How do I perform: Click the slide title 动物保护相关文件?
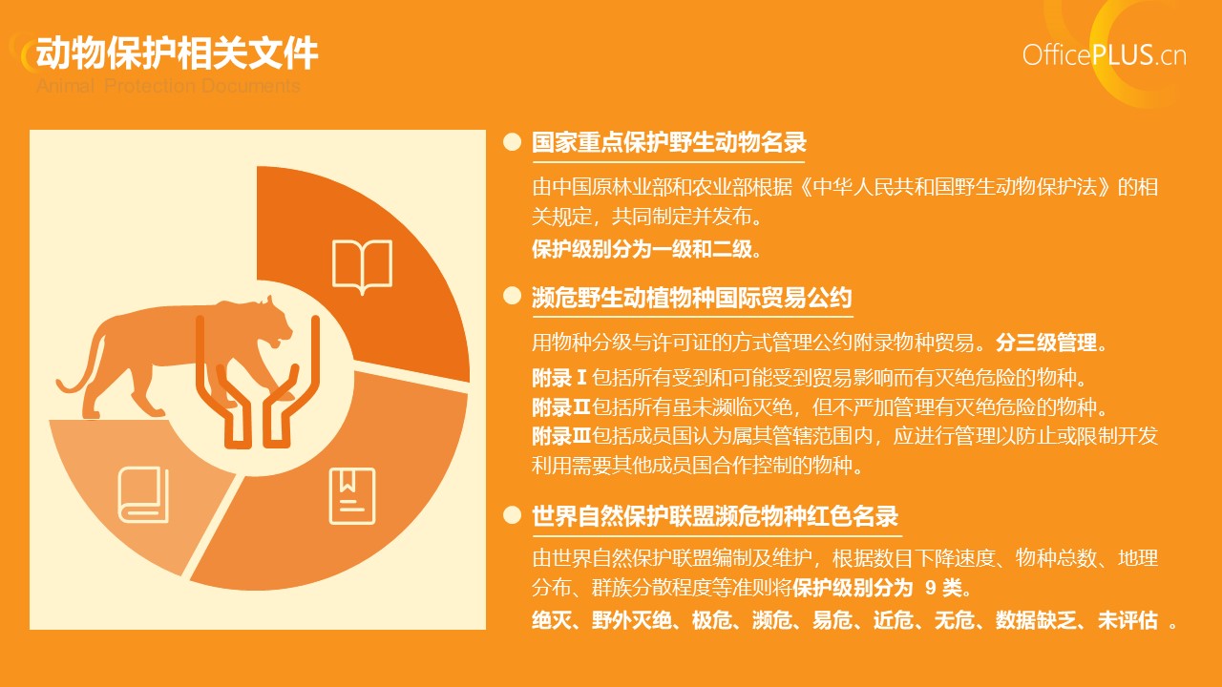point(177,52)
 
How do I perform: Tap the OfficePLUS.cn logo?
point(1105,55)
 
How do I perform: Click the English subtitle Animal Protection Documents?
point(168,86)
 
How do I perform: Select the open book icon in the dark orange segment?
point(362,266)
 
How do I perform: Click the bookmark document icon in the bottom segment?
point(352,496)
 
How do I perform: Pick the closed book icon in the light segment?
point(143,494)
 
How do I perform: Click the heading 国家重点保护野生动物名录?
point(669,142)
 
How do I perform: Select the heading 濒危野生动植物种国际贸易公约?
point(692,298)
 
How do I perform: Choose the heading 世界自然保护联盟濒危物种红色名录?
point(715,516)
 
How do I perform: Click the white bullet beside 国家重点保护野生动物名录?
point(513,142)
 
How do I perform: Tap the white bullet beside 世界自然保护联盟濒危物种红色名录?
point(513,515)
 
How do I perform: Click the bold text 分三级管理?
point(1046,343)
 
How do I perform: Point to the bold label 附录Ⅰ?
point(559,377)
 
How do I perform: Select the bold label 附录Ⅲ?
point(561,436)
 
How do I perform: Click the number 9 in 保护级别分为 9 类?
point(931,588)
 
